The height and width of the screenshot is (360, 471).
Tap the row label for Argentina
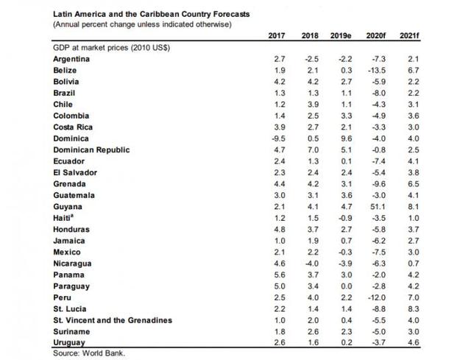[72, 57]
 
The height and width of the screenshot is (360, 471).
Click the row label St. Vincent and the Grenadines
[113, 321]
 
